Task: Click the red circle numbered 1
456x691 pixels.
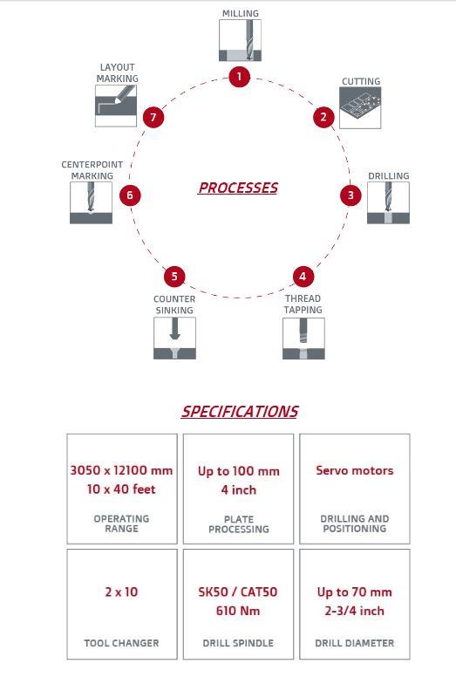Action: pos(239,77)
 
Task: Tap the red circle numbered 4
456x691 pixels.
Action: pos(303,277)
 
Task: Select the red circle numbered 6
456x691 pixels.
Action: pos(130,195)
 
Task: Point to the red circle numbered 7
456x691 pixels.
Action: pos(153,117)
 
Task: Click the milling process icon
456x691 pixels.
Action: pos(240,40)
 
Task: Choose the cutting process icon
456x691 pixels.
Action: pos(360,107)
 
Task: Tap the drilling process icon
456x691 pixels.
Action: pos(388,202)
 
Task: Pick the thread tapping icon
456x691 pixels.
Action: pos(303,339)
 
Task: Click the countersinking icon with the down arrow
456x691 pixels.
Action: pos(175,339)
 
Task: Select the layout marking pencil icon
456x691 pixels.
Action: pos(116,106)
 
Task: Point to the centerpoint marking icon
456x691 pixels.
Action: pos(92,202)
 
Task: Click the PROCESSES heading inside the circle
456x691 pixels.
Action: pos(238,188)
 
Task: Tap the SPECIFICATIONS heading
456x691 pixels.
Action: pos(240,412)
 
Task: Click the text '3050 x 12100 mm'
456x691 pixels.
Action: pos(121,470)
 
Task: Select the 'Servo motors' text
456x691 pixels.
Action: pos(355,470)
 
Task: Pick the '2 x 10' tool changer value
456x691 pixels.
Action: pos(121,592)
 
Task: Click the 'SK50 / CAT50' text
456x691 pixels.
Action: pos(238,592)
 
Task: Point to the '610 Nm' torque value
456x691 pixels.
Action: pos(238,611)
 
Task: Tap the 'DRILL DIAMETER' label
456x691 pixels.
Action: pos(355,643)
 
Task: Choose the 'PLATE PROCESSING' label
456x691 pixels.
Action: pos(239,524)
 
